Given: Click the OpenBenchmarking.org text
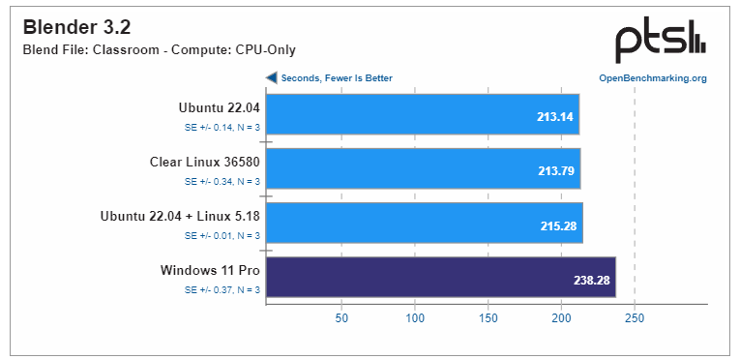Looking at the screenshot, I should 653,78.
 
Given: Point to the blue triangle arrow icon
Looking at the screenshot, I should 272,78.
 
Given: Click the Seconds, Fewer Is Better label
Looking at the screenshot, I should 337,78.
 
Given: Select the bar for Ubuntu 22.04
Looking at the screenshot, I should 422,114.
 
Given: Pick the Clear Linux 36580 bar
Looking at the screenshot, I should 423,168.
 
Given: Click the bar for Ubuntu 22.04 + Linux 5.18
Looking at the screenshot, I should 424,223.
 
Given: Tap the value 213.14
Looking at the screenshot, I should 555,118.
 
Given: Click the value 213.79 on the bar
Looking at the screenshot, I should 556,172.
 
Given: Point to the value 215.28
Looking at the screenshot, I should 558,226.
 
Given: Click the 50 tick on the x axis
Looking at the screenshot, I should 341,317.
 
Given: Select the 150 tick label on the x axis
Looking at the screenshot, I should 488,317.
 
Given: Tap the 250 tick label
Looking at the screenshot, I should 634,317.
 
